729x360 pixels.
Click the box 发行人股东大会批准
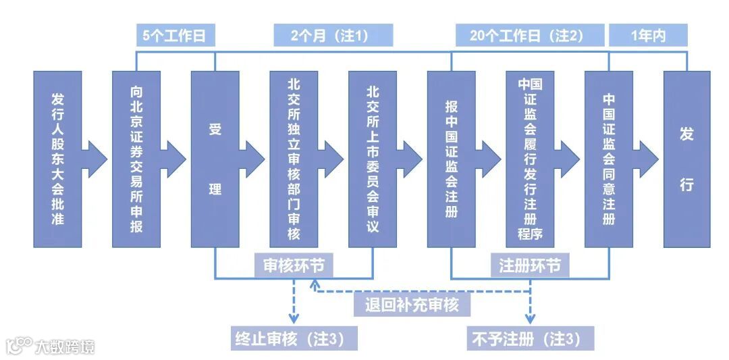pyautogui.click(x=57, y=159)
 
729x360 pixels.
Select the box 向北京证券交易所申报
pyautogui.click(x=136, y=159)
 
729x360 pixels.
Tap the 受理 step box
pyautogui.click(x=215, y=159)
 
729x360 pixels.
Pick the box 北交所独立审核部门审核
pyautogui.click(x=294, y=159)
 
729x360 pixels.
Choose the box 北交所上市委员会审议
pyautogui.click(x=373, y=159)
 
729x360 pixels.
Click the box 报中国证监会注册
pyautogui.click(x=451, y=159)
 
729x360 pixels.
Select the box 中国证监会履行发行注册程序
pyautogui.click(x=530, y=159)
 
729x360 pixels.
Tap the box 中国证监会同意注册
pyautogui.click(x=609, y=159)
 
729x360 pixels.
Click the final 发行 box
pyautogui.click(x=686, y=159)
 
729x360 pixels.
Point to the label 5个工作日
pyautogui.click(x=175, y=36)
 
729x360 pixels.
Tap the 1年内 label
pyautogui.click(x=648, y=36)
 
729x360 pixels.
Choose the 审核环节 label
pyautogui.click(x=294, y=265)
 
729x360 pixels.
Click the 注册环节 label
pyautogui.click(x=530, y=265)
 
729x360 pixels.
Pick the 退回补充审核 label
pyautogui.click(x=412, y=305)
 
